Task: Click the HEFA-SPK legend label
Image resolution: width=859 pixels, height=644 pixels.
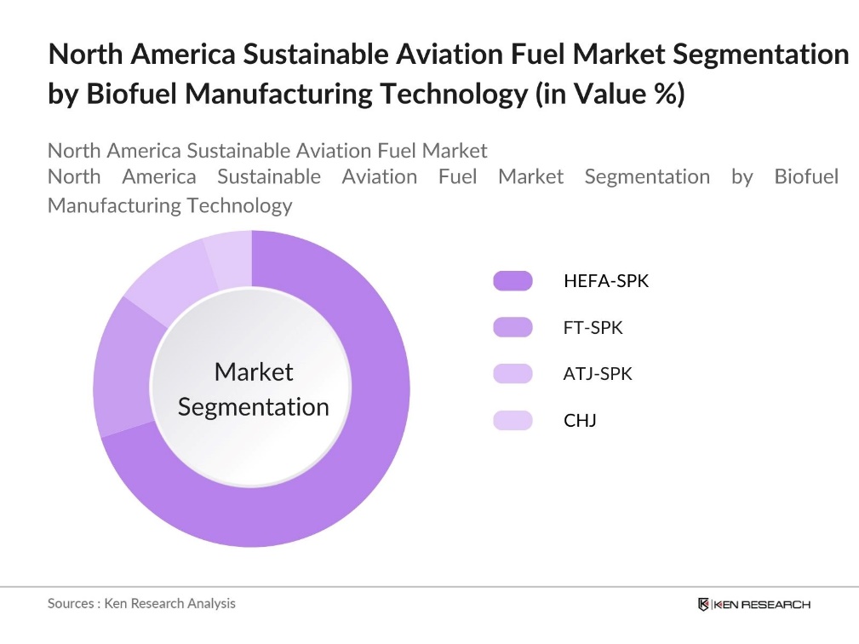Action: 605,281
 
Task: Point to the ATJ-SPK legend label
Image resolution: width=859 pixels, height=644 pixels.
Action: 598,374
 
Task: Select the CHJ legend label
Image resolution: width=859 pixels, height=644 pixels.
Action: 580,420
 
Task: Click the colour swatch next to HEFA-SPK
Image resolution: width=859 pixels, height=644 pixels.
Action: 513,281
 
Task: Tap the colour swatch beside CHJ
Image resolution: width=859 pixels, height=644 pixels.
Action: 513,420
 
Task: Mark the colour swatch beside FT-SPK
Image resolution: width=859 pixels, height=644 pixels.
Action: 513,328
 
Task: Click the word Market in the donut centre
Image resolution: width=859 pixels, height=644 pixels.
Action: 254,371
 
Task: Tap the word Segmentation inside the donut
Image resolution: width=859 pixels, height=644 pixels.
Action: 254,406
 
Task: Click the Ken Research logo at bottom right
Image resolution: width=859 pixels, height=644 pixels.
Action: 753,604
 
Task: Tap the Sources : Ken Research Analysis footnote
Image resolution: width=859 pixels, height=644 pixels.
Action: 141,603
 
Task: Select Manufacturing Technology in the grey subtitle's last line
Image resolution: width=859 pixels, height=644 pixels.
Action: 169,205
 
